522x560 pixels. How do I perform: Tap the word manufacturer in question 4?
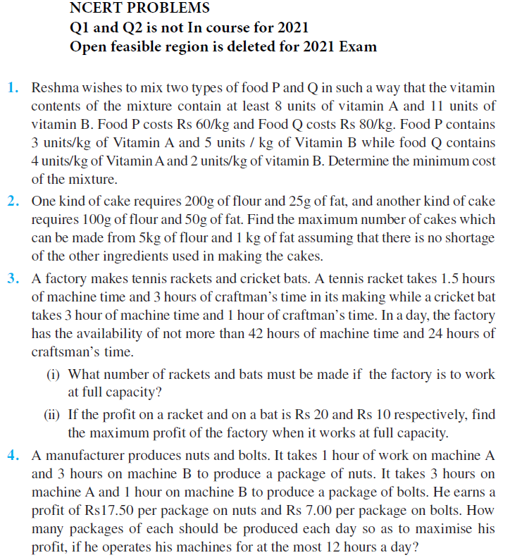tap(81, 454)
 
